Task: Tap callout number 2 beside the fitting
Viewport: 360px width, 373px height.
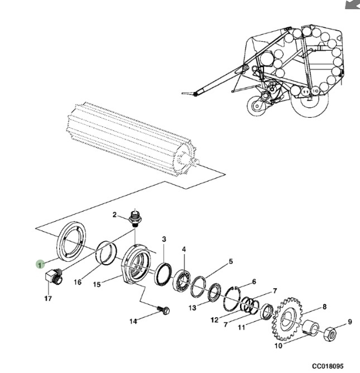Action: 114,214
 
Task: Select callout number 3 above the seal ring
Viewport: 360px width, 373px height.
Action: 164,240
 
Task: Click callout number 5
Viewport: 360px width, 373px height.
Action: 230,261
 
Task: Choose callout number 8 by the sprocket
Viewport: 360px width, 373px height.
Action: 324,307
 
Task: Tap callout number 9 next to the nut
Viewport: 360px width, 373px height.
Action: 350,321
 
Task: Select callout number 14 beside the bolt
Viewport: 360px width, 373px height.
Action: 133,321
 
